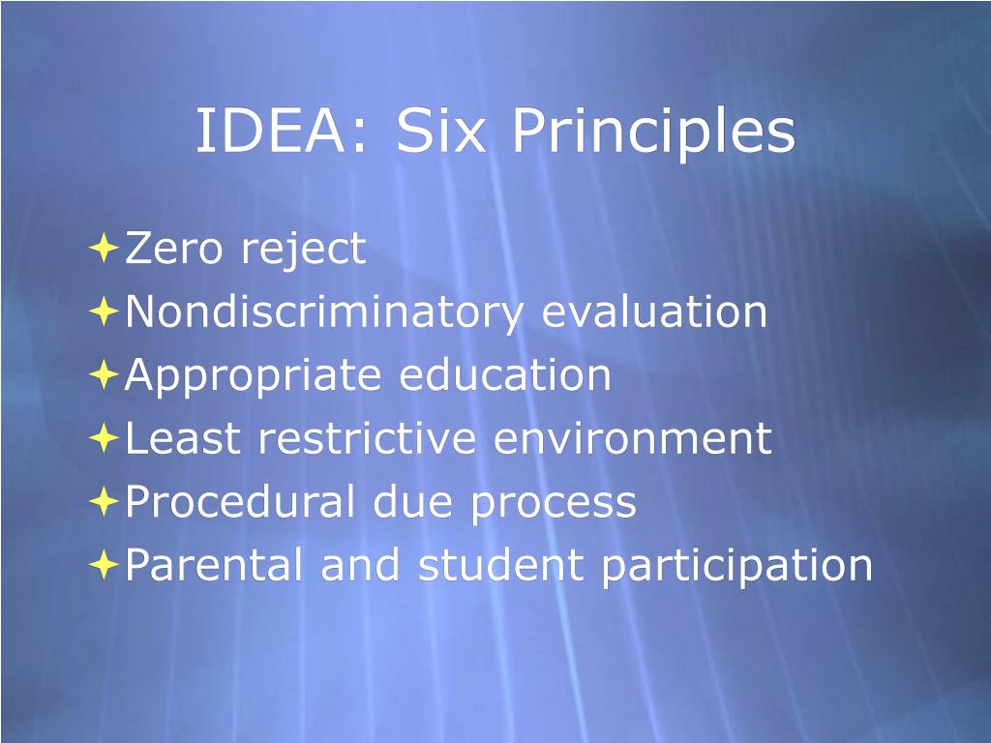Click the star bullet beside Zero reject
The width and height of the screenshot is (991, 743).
(103, 249)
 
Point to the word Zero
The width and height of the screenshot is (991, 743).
(176, 249)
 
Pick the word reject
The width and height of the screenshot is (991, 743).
(304, 251)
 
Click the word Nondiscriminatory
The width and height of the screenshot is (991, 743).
(324, 312)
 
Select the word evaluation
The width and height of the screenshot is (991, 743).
(654, 312)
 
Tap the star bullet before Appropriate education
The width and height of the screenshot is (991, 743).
(103, 375)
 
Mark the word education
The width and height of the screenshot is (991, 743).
(505, 375)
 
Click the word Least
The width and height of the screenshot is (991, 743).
(182, 438)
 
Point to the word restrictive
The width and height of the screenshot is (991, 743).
(367, 438)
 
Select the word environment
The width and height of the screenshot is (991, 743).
(633, 438)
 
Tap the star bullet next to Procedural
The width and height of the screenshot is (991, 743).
(103, 502)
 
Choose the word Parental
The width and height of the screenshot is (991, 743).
(216, 565)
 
